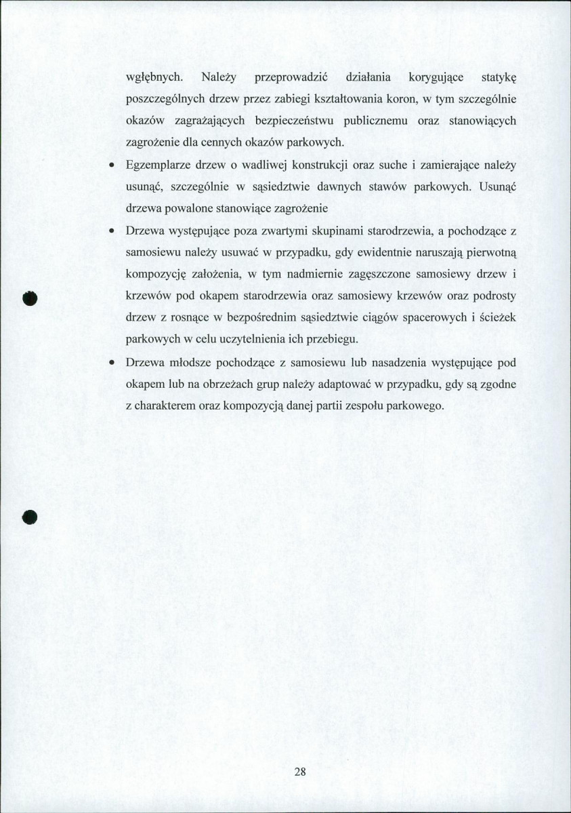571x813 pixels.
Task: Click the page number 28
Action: click(301, 772)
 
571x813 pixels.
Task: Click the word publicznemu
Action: click(365, 121)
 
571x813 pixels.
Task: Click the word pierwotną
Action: click(490, 253)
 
